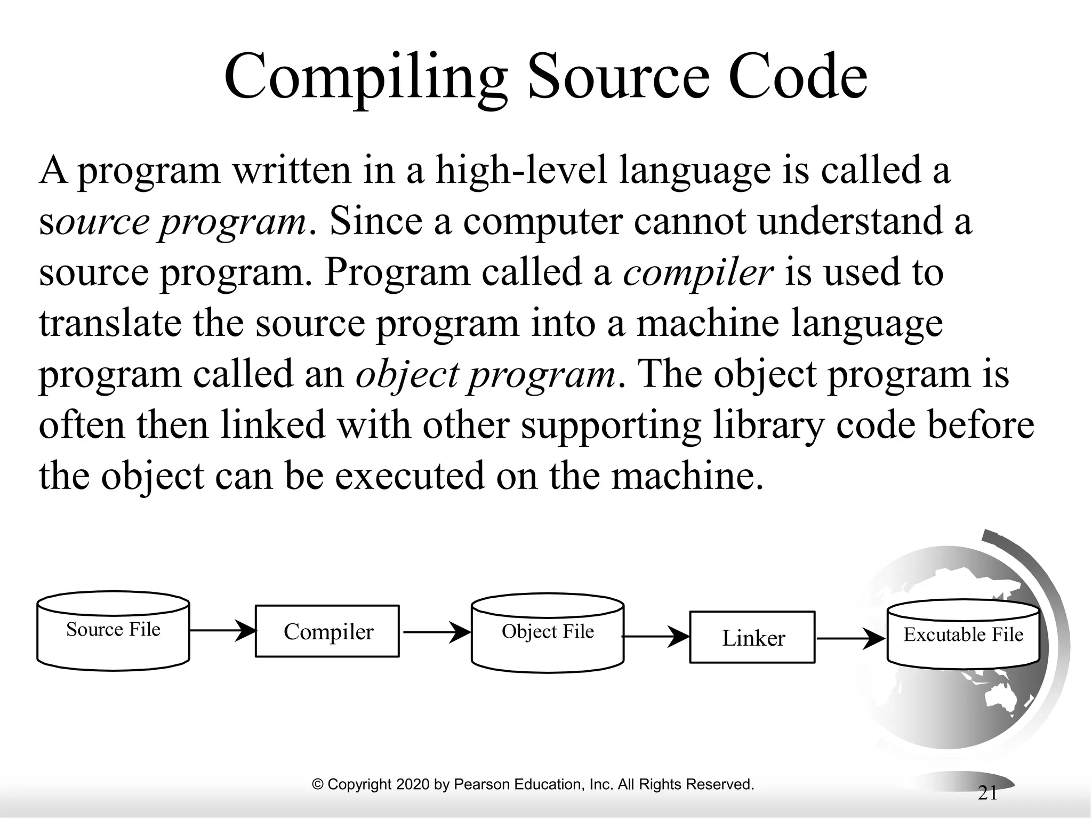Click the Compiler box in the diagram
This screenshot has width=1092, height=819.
(327, 631)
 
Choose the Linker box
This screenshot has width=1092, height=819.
(752, 638)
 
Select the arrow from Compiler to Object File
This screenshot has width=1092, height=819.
(436, 632)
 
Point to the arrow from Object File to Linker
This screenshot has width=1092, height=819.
(656, 637)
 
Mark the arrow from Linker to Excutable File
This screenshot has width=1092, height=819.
(851, 638)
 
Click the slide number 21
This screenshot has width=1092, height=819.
(987, 794)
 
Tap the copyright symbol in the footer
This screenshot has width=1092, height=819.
(318, 784)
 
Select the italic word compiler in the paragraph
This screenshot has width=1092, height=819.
(698, 272)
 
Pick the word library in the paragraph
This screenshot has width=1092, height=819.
(766, 425)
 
